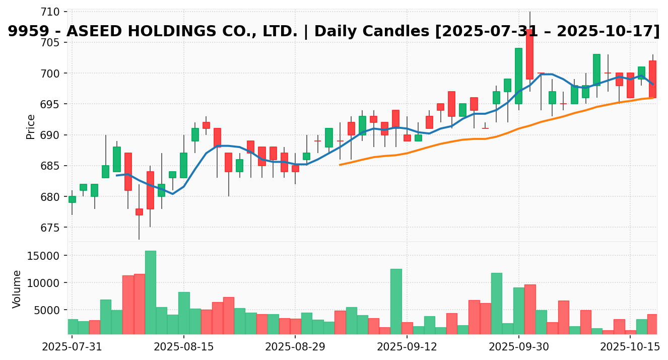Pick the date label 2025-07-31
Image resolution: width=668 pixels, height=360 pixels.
click(x=72, y=347)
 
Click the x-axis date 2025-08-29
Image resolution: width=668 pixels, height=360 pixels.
click(x=295, y=347)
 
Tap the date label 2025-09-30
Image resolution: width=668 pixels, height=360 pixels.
click(x=519, y=347)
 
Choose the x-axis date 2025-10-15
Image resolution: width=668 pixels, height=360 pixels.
click(x=630, y=347)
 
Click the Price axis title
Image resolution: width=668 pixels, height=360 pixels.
click(x=31, y=126)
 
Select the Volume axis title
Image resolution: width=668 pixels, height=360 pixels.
click(x=17, y=289)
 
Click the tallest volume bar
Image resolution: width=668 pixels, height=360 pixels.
click(x=150, y=292)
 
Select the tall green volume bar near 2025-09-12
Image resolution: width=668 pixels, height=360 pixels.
click(x=396, y=301)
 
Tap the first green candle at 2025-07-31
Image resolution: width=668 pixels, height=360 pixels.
click(x=72, y=199)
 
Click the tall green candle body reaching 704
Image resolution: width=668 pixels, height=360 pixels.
click(x=518, y=76)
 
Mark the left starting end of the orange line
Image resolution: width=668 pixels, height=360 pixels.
click(x=340, y=165)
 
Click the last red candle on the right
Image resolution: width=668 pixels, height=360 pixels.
click(x=652, y=79)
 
